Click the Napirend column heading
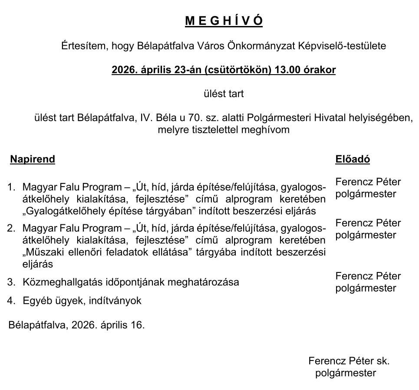point(33,159)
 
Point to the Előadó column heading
point(353,159)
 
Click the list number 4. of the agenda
point(11,300)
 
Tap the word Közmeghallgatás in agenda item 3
point(59,282)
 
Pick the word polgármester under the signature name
point(346,373)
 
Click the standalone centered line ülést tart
point(224,93)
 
